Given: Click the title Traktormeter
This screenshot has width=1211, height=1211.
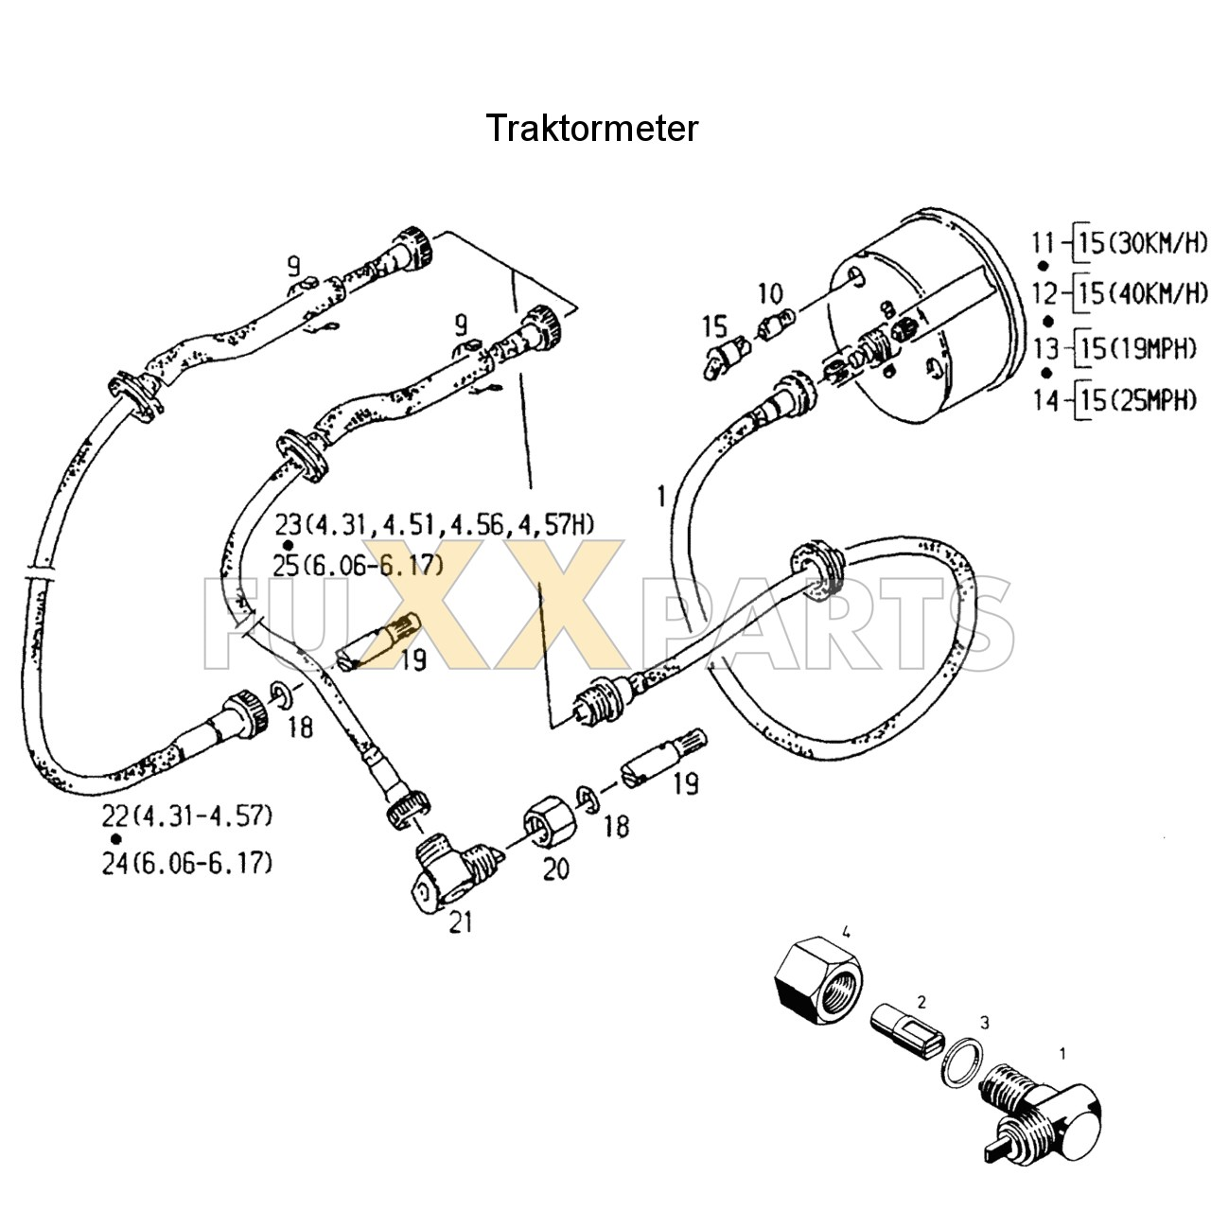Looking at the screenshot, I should pos(592,128).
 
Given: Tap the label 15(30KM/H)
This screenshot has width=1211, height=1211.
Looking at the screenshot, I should pos(1144,244).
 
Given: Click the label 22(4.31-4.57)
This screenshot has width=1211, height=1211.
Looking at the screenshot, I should pos(187,815).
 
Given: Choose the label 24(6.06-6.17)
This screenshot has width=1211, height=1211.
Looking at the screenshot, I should pos(187,863).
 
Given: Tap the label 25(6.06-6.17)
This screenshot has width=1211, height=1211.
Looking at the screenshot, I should pos(359,566).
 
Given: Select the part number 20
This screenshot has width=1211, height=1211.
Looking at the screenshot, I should pos(555,868).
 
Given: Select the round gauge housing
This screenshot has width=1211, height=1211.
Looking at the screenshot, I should pos(927,312).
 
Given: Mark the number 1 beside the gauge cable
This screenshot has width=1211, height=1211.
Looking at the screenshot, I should pos(661,495).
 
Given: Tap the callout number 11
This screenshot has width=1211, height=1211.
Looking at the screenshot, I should pos(1043,244).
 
